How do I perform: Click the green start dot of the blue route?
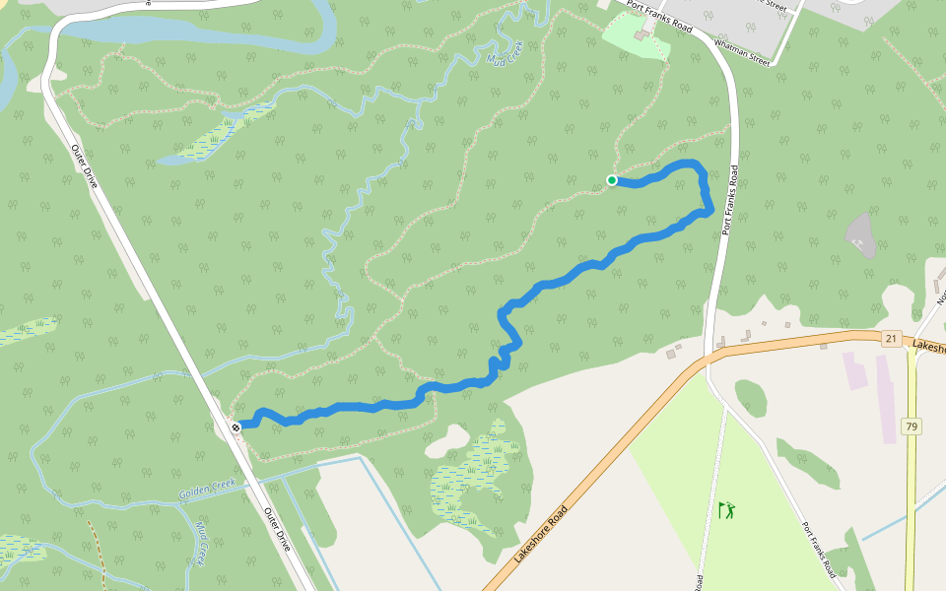pyautogui.click(x=612, y=180)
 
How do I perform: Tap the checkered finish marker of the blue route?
pyautogui.click(x=236, y=427)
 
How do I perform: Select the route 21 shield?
pyautogui.click(x=891, y=339)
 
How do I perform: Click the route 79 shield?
pyautogui.click(x=911, y=427)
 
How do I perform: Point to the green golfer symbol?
pyautogui.click(x=727, y=510)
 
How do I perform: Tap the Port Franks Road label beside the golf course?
pyautogui.click(x=819, y=549)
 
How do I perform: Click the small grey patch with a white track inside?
pyautogui.click(x=861, y=233)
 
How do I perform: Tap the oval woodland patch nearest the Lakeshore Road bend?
pyautogui.click(x=750, y=397)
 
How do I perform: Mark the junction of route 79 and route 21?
pyautogui.click(x=912, y=347)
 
